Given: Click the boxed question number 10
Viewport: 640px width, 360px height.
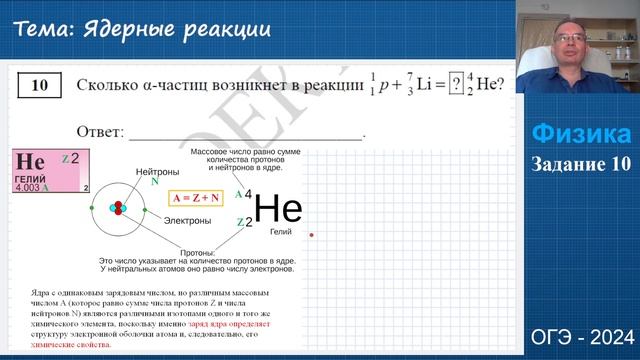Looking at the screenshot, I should (39, 85).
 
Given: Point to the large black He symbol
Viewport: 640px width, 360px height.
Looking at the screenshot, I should (278, 207).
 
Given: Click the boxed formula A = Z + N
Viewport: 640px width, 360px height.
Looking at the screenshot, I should (196, 197).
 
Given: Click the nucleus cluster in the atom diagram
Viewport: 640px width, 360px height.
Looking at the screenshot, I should (118, 208).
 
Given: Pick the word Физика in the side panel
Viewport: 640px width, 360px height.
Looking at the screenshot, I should (580, 134).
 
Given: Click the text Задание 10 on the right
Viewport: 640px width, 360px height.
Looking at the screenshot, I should (580, 164).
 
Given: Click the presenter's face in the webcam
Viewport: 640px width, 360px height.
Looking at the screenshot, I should (574, 45).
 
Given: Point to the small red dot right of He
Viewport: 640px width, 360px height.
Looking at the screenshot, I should (312, 235).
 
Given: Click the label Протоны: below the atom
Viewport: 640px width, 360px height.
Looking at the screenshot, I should (195, 253).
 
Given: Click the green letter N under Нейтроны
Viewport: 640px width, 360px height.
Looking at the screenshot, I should (154, 182).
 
